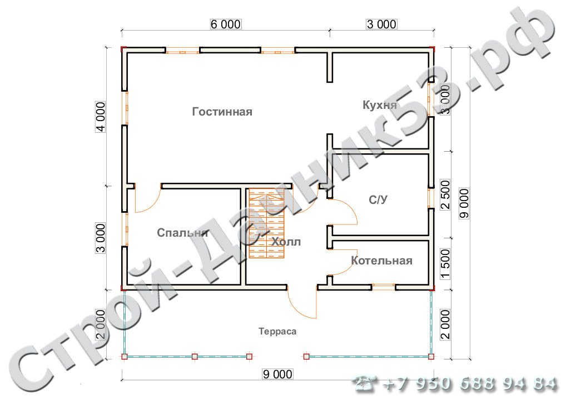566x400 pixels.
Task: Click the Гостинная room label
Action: [222, 112]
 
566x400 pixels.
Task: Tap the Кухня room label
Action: [379, 105]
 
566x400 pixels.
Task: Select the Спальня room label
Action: [183, 233]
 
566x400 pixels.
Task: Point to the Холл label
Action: [286, 242]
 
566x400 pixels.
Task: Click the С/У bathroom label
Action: [378, 199]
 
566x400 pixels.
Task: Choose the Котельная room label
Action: [381, 261]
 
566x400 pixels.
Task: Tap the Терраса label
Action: [277, 331]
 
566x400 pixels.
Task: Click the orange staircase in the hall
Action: [267, 224]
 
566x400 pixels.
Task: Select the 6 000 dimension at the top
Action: [226, 24]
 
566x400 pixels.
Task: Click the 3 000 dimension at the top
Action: [381, 24]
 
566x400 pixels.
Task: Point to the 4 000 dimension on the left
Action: [100, 117]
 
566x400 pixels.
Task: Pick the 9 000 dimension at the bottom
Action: [277, 374]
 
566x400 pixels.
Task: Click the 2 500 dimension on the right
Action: [446, 195]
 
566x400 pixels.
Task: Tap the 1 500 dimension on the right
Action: [446, 264]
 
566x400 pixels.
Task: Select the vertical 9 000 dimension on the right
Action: [464, 203]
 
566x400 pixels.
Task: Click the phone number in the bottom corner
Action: [455, 384]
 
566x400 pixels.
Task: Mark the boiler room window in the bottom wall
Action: [383, 287]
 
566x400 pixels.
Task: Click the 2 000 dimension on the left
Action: [100, 324]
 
